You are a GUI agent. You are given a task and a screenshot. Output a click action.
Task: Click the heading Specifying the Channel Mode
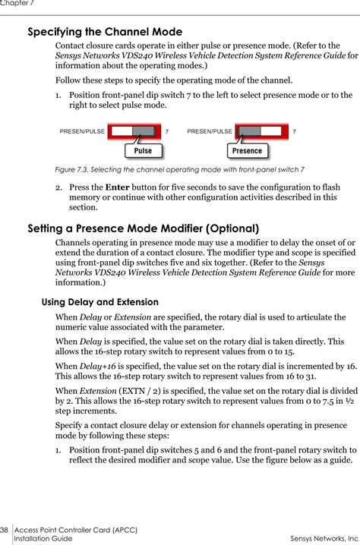point(105,32)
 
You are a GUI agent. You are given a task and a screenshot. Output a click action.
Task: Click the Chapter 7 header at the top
point(17,4)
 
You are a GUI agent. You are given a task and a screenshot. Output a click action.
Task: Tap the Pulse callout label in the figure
point(143,150)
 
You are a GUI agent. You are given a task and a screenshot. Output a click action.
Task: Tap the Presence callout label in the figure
point(247,150)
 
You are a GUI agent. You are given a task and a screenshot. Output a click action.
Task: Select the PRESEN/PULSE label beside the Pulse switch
point(82,131)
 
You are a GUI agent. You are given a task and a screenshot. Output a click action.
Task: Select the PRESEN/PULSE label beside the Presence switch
point(210,131)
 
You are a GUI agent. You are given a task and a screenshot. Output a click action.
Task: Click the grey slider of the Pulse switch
point(142,131)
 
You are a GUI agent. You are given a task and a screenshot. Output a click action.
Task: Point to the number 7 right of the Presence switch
point(294,131)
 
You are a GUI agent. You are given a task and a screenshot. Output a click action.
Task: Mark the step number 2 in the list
point(58,187)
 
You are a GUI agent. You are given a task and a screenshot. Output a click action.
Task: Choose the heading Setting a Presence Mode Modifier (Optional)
point(144,228)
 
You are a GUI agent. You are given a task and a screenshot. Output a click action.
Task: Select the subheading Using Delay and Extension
point(99,301)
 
